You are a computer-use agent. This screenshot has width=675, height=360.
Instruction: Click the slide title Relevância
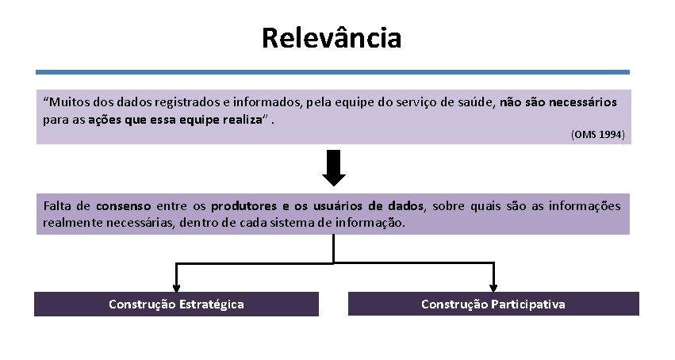pos(332,37)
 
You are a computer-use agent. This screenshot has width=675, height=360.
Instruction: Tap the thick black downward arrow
pos(334,169)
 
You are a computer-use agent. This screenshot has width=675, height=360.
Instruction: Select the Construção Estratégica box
pos(176,304)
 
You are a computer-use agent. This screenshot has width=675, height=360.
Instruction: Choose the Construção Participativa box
pos(493,304)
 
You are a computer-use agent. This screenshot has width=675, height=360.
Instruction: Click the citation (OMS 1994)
pos(597,136)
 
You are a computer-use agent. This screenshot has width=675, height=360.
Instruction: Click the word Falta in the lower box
pos(59,206)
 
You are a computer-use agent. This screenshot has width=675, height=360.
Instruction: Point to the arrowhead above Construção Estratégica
pos(176,287)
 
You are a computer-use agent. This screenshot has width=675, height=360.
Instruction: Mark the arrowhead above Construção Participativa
pos(493,287)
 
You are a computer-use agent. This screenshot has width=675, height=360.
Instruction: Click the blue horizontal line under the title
pos(333,72)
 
